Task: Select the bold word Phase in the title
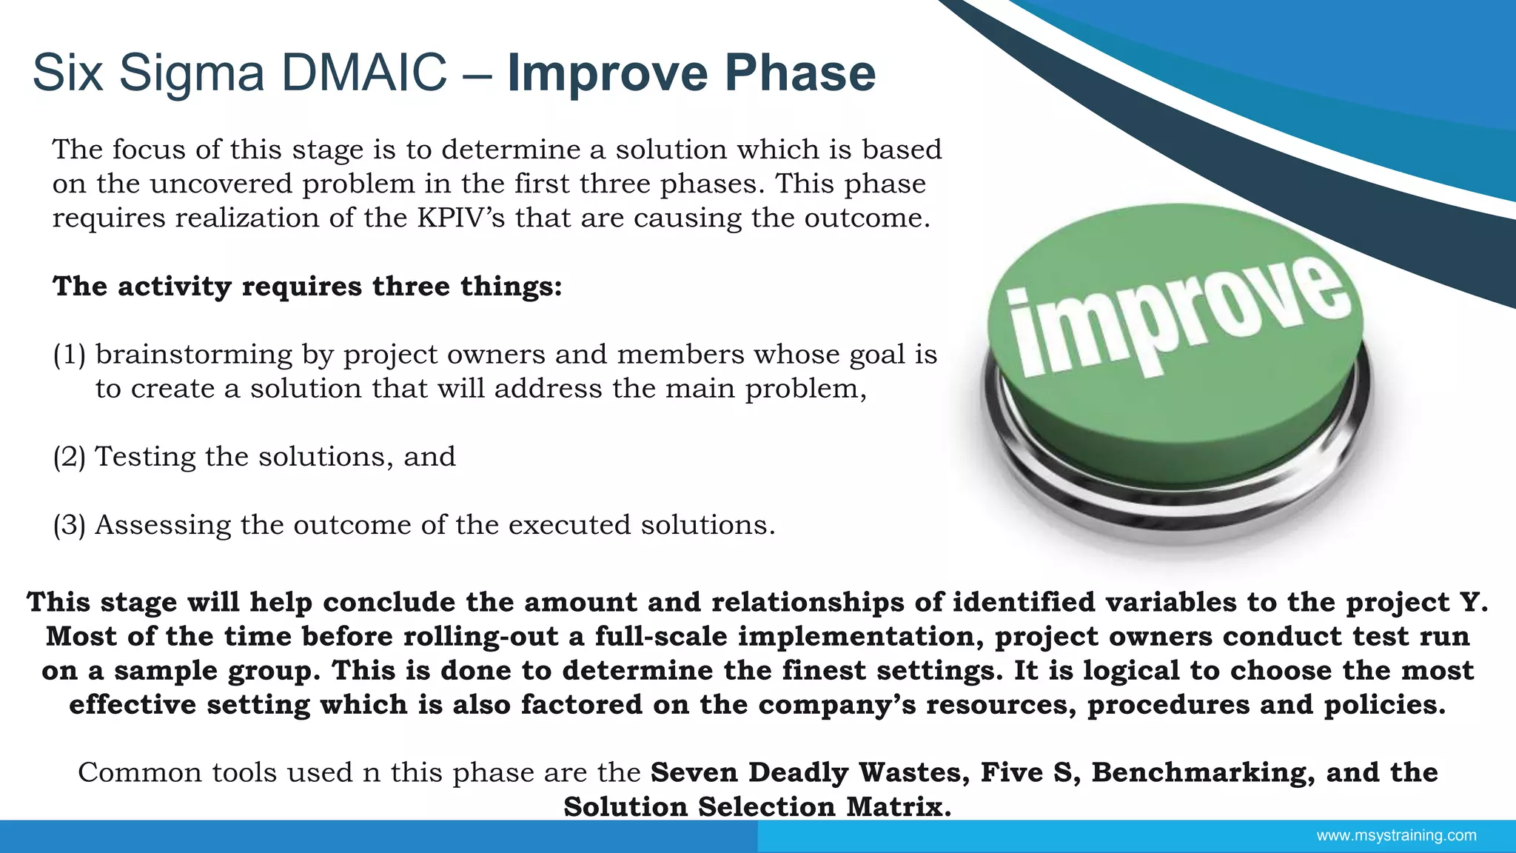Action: pos(799,73)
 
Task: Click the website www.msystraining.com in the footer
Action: pos(1396,835)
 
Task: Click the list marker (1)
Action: pos(70,355)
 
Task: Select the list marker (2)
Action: pos(70,457)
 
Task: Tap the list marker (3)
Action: pos(70,525)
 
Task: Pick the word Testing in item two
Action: pos(145,457)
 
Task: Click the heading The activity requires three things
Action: pos(307,287)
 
